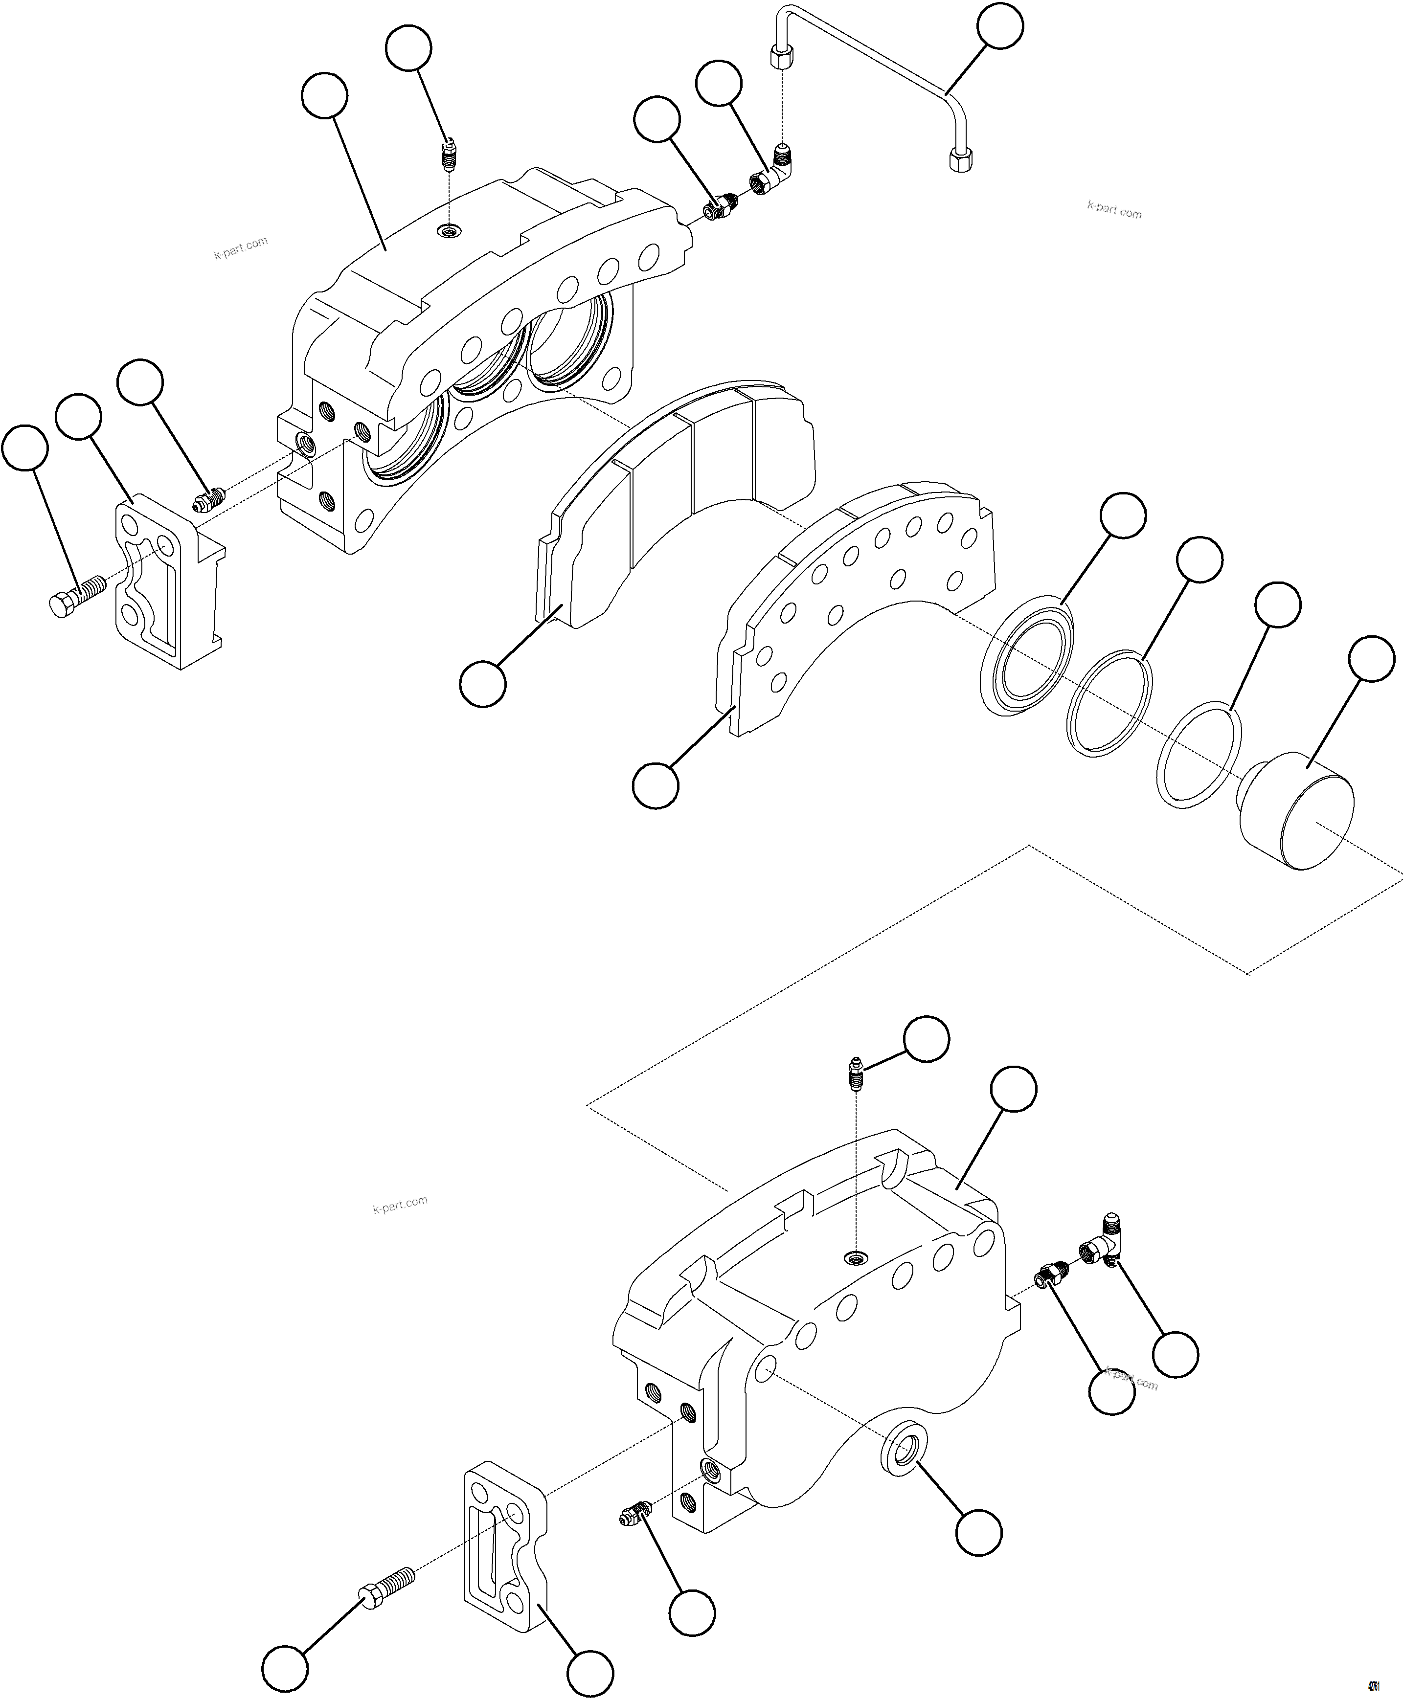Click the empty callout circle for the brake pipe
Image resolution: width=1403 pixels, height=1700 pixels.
[x=1000, y=27]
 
